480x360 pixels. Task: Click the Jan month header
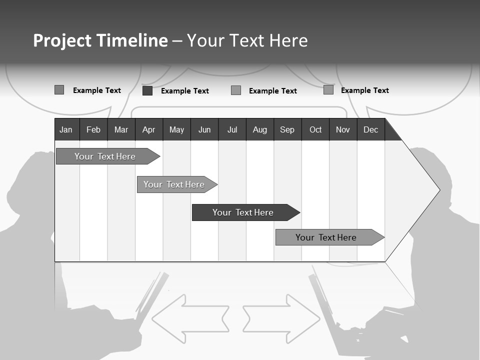pos(66,130)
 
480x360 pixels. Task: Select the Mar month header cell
pos(121,130)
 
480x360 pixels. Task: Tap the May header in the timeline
pos(176,130)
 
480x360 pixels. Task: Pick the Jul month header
pos(232,130)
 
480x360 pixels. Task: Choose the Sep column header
pos(287,130)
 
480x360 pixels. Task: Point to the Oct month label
pos(315,130)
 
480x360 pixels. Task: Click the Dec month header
pos(370,130)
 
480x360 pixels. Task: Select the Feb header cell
pos(93,130)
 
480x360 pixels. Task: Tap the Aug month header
pos(259,130)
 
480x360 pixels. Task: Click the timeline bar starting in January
pos(105,156)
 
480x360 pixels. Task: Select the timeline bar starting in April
pos(174,184)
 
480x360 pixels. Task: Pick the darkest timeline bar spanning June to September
pos(243,212)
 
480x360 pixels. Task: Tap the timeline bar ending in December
pos(326,237)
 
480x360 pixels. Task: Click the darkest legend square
pos(147,90)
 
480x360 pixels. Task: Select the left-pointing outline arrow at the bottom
pos(190,319)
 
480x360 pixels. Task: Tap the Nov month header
pos(343,130)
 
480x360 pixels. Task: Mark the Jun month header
pos(204,130)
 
